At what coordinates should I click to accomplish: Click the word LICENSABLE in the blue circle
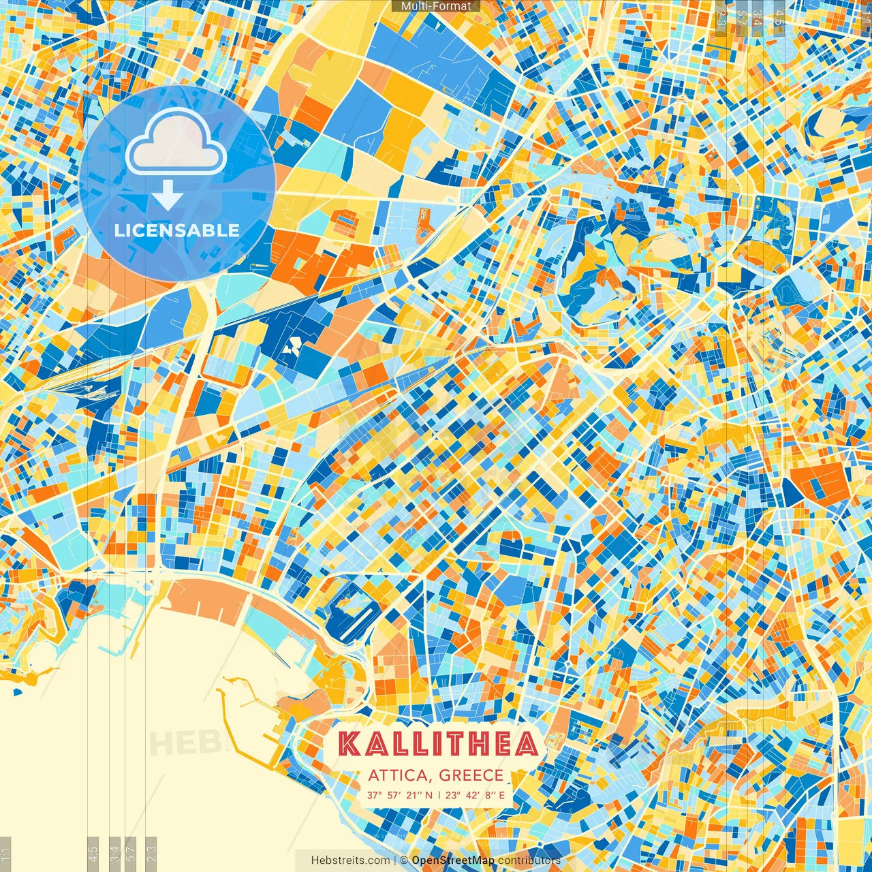177,230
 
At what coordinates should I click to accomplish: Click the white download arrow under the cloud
168,196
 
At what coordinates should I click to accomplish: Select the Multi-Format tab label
436,6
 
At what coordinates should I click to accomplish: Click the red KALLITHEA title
438,745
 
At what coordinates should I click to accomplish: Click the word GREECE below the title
471,775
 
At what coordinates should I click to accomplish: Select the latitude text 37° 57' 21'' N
399,795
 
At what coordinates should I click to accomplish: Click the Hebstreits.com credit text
351,860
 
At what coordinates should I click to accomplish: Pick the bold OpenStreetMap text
453,860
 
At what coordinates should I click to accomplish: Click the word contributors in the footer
529,860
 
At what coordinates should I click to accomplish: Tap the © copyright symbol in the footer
404,860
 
